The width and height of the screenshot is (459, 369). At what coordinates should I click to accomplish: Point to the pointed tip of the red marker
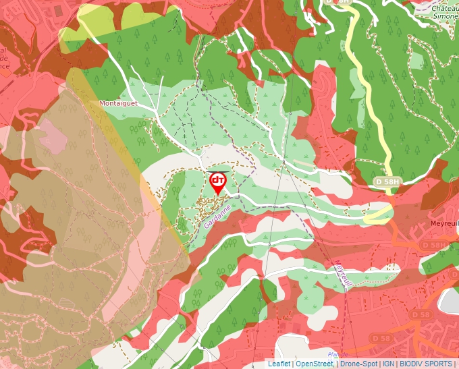(x=217, y=196)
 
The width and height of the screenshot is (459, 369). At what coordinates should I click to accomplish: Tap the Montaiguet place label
(x=117, y=103)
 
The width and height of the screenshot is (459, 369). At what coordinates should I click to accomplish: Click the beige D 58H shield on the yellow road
(x=387, y=182)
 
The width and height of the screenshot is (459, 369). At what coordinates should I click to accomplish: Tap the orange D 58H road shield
(x=433, y=244)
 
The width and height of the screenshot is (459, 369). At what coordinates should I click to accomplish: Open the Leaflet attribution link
(x=279, y=364)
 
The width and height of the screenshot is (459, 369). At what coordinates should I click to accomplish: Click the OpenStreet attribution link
(x=314, y=364)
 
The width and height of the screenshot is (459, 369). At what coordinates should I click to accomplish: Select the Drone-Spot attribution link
(x=358, y=364)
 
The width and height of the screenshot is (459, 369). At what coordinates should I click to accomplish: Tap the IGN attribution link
(x=388, y=364)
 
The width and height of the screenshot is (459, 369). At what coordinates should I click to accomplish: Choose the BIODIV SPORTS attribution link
(x=426, y=364)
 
